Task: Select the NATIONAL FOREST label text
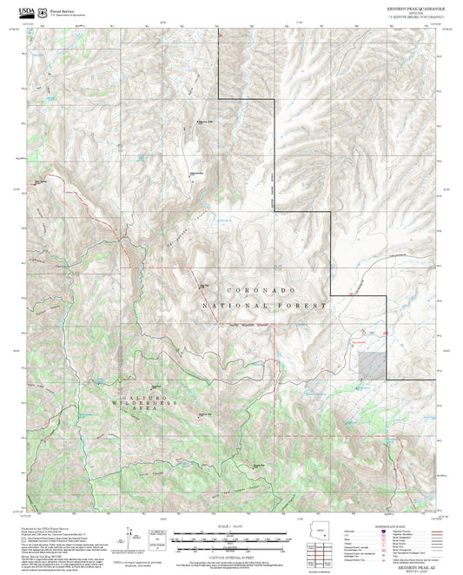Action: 264,306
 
